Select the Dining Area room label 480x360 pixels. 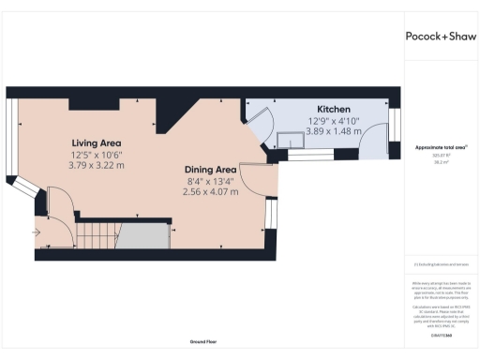(212, 170)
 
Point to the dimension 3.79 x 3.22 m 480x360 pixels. (97, 165)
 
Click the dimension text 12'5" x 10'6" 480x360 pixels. (97, 154)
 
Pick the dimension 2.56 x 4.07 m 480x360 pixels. (212, 192)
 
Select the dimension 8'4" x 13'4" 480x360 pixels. (212, 181)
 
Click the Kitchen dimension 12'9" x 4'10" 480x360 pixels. (334, 121)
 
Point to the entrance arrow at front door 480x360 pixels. (37, 231)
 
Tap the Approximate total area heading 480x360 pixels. (442, 147)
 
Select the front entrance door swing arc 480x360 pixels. (58, 204)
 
